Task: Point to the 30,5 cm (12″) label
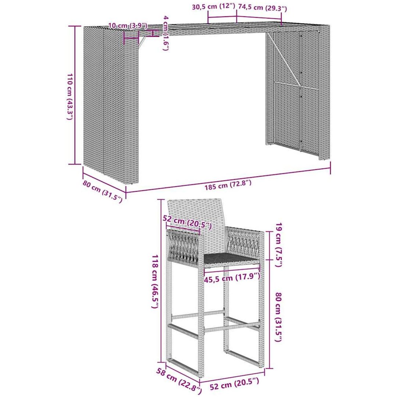tap(214, 7)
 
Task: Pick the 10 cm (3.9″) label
tap(128, 26)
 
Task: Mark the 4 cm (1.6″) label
tap(166, 33)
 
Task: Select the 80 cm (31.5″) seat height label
tap(279, 317)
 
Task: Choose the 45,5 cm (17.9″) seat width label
tap(232, 278)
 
